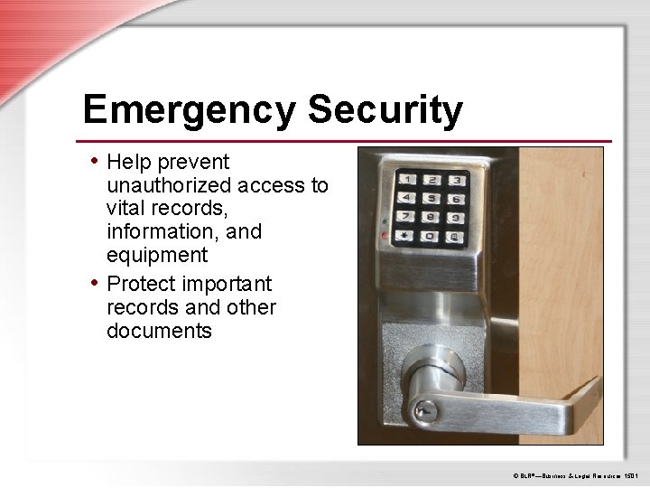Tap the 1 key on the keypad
point(410,180)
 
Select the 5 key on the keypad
point(434,198)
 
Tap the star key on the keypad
point(408,237)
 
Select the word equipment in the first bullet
point(157,255)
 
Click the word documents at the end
point(159,331)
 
